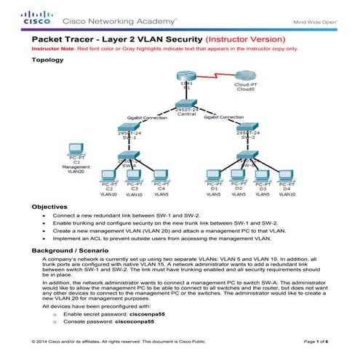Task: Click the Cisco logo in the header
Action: (x=36, y=18)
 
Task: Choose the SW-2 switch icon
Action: (x=250, y=135)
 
